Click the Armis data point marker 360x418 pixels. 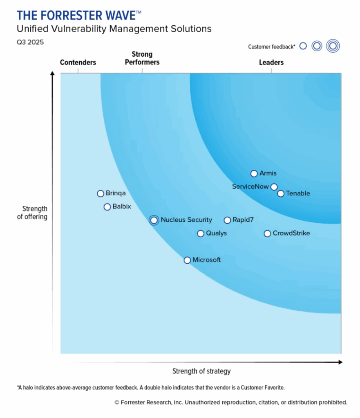254,173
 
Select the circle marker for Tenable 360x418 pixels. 280,193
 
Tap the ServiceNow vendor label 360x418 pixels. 250,187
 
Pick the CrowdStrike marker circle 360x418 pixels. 267,233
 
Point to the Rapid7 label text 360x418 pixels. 243,220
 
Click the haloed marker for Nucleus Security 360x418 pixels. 154,220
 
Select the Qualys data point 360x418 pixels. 200,233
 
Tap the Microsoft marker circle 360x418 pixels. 187,260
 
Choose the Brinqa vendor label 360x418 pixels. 116,193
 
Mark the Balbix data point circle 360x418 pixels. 107,207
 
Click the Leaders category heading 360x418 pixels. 271,62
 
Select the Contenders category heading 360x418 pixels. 78,62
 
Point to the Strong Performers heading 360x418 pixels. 142,58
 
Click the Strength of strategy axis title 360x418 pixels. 201,371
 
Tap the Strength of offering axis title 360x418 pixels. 32,213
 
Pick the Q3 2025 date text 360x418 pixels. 30,42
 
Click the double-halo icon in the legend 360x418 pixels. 333,46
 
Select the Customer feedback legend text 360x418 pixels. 272,47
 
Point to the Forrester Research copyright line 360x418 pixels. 231,402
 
